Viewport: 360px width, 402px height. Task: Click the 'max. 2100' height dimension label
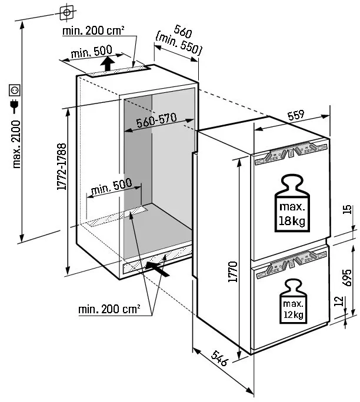point(16,145)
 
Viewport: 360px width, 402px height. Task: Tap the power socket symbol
point(15,91)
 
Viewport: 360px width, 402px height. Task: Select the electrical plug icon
point(14,106)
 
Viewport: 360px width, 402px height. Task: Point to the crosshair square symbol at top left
point(66,12)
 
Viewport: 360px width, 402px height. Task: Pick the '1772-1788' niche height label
point(62,166)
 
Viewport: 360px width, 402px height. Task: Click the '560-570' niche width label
point(156,120)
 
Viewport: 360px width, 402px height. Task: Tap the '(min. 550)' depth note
point(179,43)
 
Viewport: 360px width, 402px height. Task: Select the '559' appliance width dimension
point(296,115)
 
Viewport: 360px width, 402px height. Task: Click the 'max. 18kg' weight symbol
point(292,203)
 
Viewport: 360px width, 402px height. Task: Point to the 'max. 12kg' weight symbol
point(294,301)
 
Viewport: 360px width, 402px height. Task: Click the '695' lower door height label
point(347,277)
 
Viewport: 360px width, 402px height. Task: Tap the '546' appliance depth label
point(219,358)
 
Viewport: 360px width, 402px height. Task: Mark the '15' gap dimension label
point(347,209)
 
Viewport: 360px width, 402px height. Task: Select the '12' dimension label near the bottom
point(339,301)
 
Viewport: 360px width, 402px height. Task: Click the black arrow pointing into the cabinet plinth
point(157,269)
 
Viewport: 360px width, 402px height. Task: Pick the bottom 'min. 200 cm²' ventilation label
point(109,309)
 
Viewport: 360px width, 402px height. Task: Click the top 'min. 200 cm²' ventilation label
point(94,31)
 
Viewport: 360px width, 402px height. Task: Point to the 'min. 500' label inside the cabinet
point(111,186)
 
